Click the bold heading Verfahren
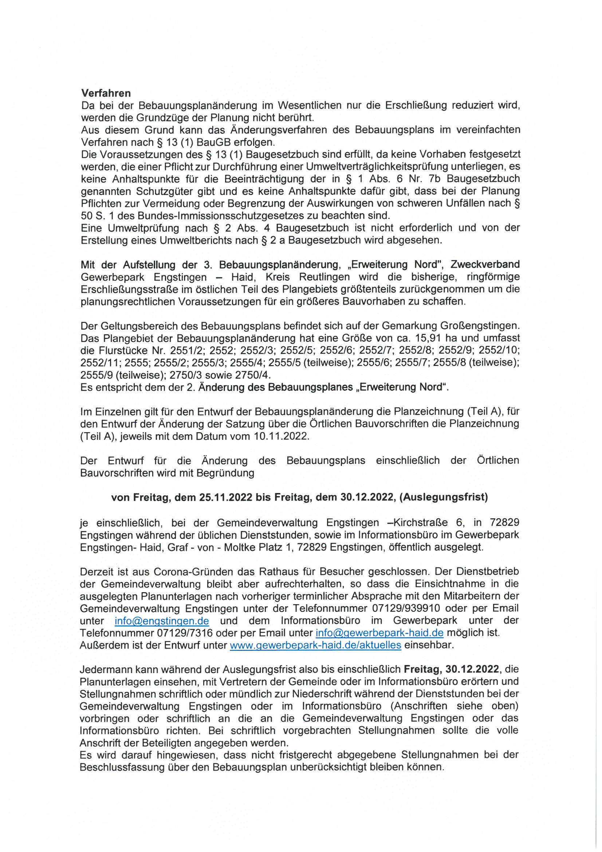(106, 93)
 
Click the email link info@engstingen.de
(161, 621)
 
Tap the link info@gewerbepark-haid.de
(379, 633)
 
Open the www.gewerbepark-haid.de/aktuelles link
(315, 645)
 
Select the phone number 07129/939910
(406, 609)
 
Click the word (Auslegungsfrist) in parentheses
(443, 497)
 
